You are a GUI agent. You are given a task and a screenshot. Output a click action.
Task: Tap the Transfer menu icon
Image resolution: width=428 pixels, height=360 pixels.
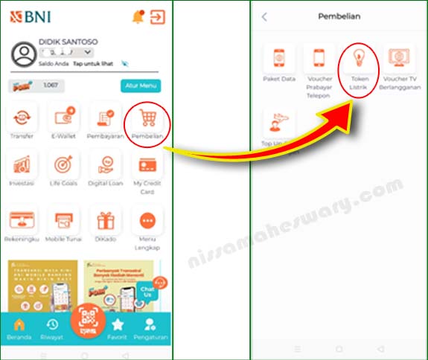pos(22,119)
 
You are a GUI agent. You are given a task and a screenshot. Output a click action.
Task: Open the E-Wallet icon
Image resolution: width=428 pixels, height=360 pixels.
pos(63,119)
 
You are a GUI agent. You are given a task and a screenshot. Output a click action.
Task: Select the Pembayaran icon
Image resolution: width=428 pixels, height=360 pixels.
pos(105,119)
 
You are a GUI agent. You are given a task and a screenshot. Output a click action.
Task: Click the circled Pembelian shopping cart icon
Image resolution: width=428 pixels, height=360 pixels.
pos(147,120)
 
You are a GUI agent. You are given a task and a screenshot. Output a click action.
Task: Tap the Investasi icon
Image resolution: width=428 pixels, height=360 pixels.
pos(22,164)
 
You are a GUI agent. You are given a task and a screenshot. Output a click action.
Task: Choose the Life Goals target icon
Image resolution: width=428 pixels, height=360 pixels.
pos(63,164)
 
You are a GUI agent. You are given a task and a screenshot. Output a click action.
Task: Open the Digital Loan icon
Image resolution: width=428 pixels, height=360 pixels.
pos(105,164)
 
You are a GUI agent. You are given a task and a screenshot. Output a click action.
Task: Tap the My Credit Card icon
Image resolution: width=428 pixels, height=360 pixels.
pos(147,164)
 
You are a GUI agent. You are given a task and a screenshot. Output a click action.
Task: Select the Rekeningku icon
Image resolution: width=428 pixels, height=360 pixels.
pos(22,221)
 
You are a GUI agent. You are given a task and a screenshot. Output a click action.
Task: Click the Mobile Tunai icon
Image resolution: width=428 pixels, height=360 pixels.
pos(63,221)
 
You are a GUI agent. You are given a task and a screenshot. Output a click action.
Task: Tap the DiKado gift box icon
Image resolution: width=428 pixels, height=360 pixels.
pos(105,221)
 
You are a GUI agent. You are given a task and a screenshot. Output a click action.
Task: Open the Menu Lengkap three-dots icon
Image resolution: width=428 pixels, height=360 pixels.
pos(147,221)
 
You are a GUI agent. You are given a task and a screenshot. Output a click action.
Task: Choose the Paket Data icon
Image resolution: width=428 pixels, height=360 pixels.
pos(279,60)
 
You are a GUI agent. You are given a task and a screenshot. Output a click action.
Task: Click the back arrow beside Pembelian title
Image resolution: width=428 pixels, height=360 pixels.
pos(264,16)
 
